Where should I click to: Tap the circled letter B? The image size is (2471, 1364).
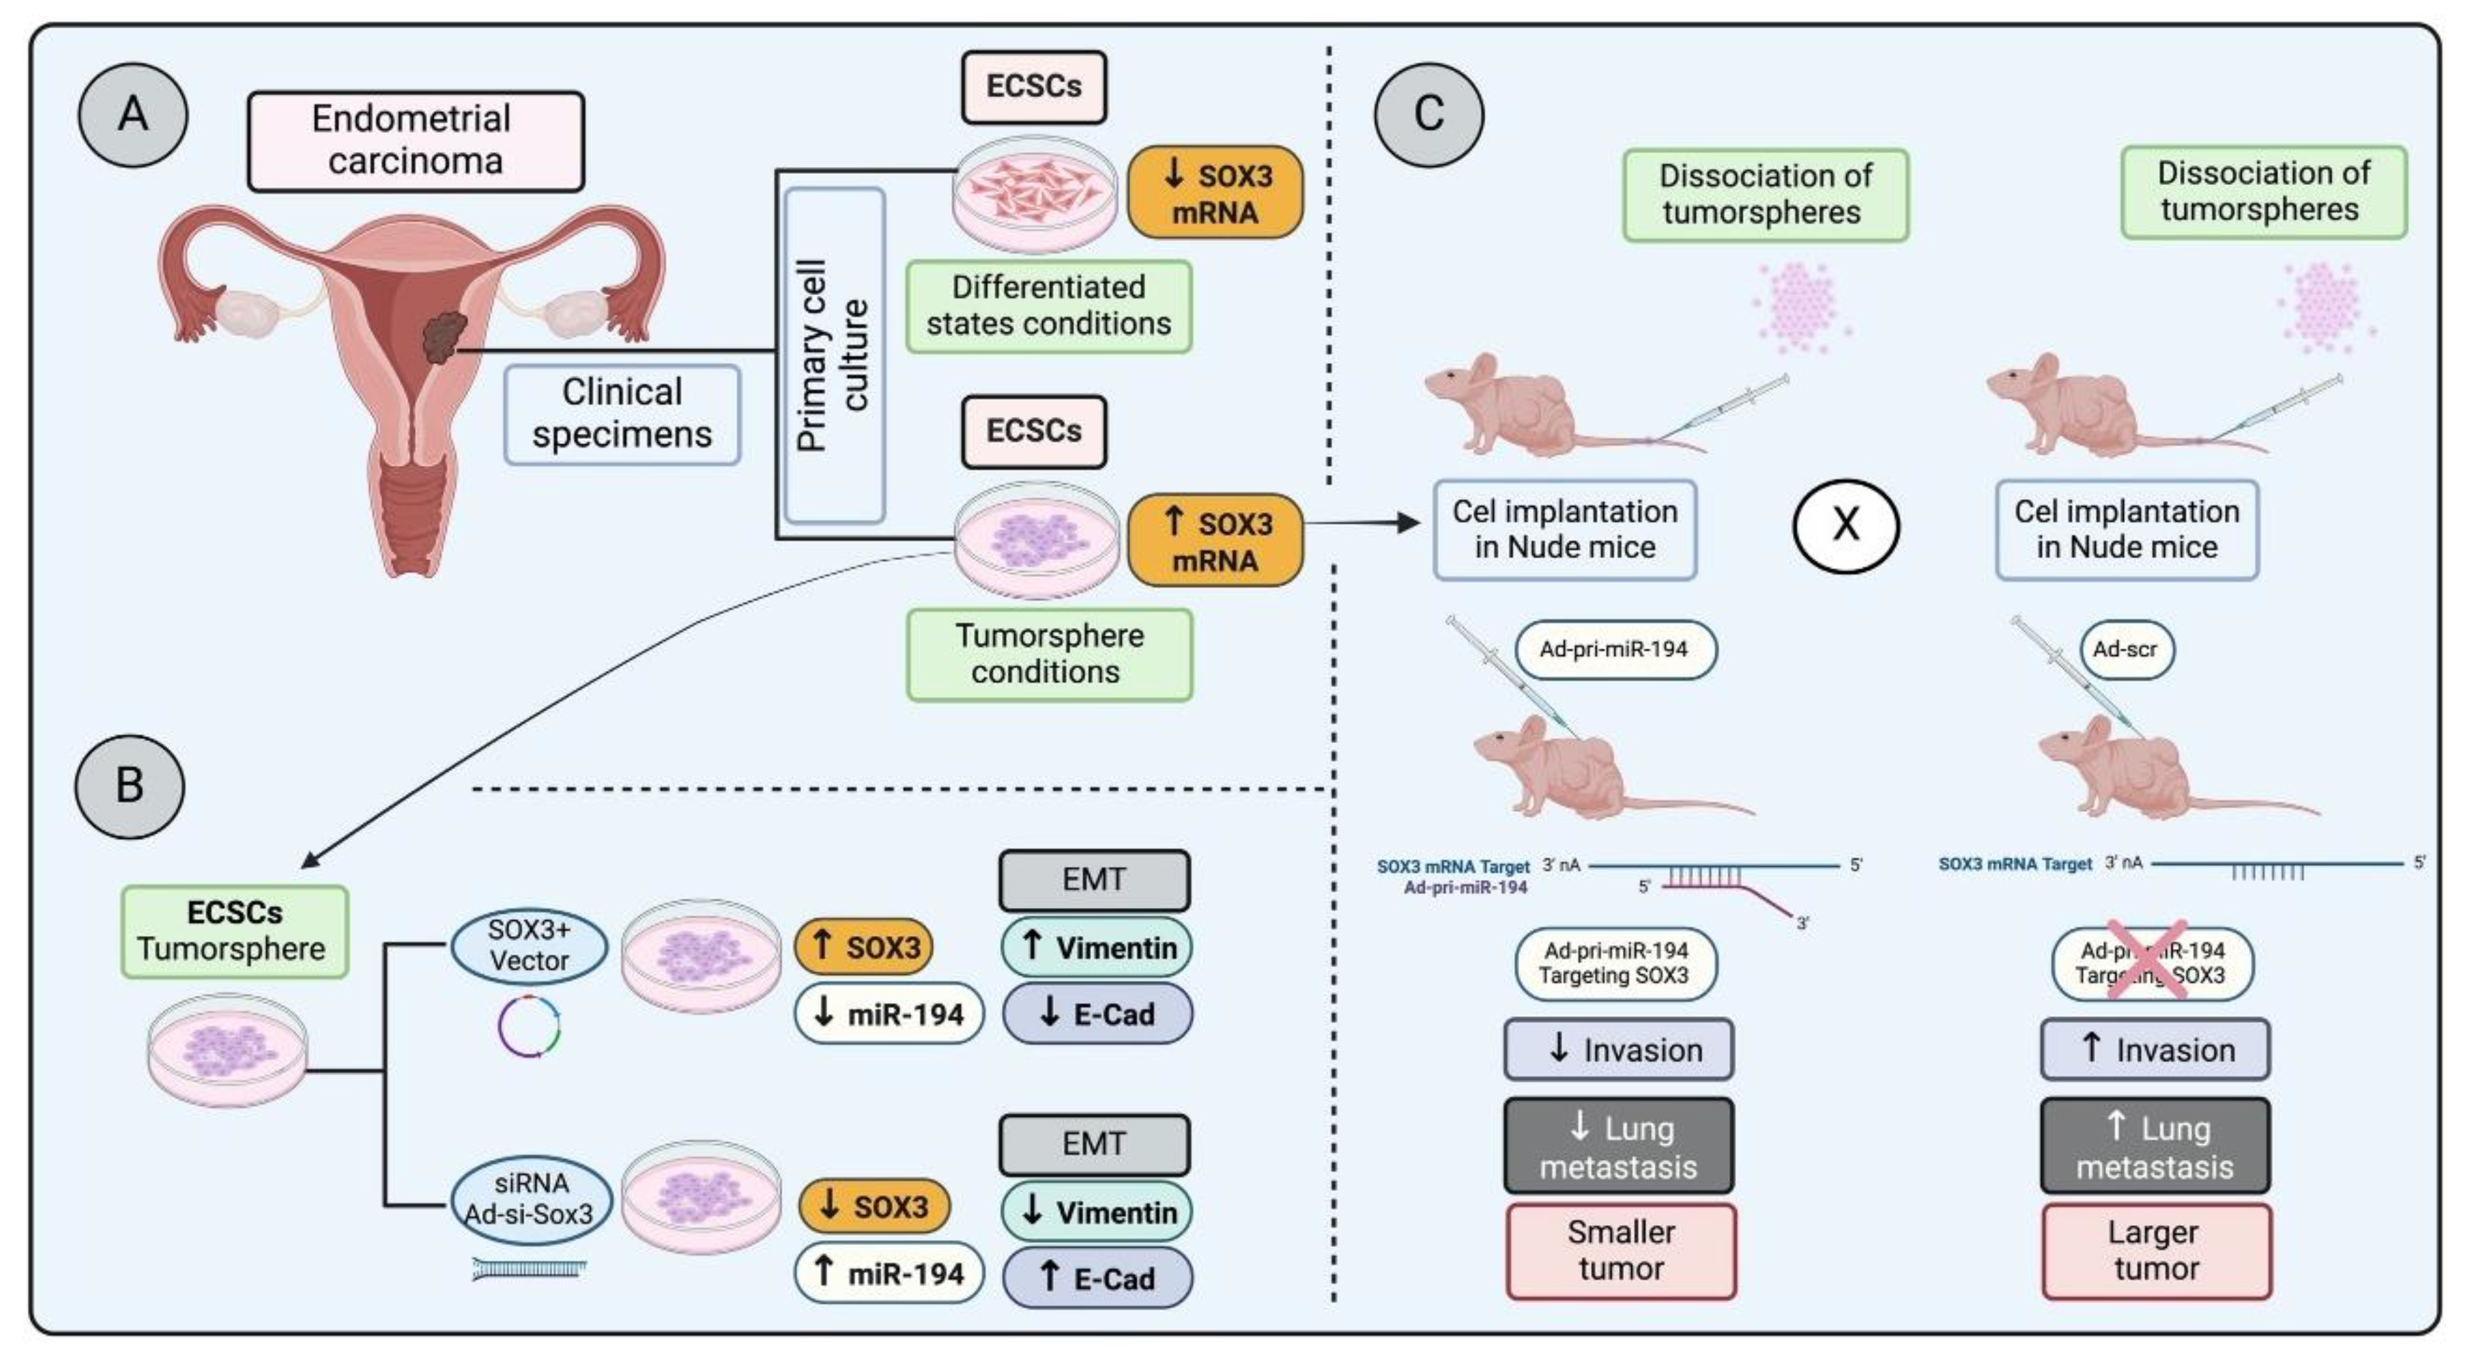[129, 785]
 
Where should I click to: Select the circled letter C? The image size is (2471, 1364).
[1429, 114]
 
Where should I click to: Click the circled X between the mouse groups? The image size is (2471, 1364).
[1846, 526]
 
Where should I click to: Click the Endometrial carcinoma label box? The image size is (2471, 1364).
[415, 141]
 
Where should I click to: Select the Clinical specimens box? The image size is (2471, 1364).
[623, 414]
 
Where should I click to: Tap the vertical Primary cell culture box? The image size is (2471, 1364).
[833, 355]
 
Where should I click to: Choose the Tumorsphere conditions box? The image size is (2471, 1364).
[1049, 653]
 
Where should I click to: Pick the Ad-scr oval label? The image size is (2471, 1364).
[2126, 649]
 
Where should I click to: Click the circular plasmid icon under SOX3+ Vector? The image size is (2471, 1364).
[529, 1027]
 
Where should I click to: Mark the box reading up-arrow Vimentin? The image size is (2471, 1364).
[1096, 948]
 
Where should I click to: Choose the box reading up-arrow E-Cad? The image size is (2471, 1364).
[1096, 1278]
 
